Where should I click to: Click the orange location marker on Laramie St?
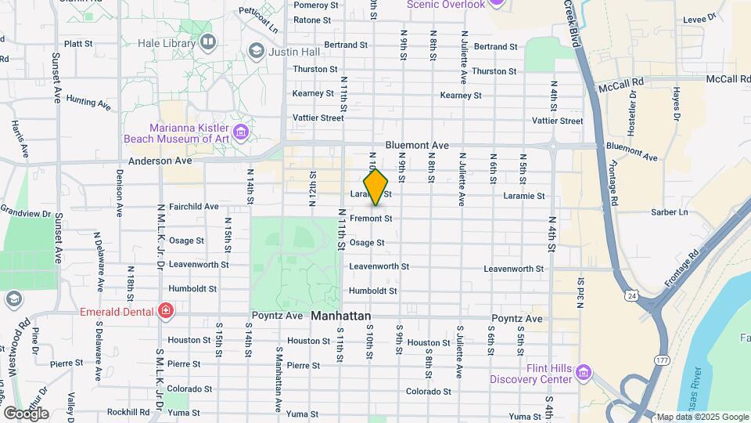click(x=376, y=187)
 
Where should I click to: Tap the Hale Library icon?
click(x=207, y=42)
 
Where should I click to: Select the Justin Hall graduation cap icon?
click(x=256, y=52)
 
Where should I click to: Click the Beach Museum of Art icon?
click(x=241, y=132)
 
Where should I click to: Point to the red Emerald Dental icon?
click(x=165, y=311)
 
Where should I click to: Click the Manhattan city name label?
click(x=341, y=316)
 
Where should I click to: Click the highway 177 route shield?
click(x=662, y=358)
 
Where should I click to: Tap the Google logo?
click(x=26, y=413)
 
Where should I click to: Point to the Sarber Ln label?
click(x=672, y=211)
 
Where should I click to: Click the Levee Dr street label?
click(x=700, y=16)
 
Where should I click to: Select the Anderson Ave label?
click(x=160, y=160)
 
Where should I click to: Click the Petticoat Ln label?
click(x=259, y=20)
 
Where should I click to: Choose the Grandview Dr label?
click(x=25, y=211)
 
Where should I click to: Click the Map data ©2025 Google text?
click(x=702, y=417)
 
